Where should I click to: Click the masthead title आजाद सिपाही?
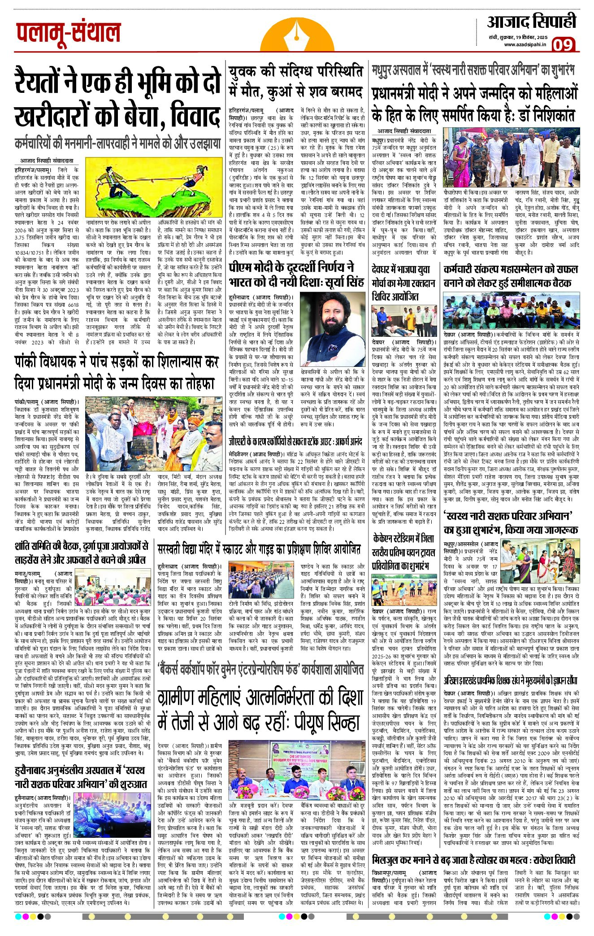[532, 22]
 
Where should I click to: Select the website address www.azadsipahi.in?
[525, 44]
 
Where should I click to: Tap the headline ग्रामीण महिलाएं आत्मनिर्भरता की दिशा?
[260, 710]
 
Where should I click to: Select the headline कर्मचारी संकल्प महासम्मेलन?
[510, 275]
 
